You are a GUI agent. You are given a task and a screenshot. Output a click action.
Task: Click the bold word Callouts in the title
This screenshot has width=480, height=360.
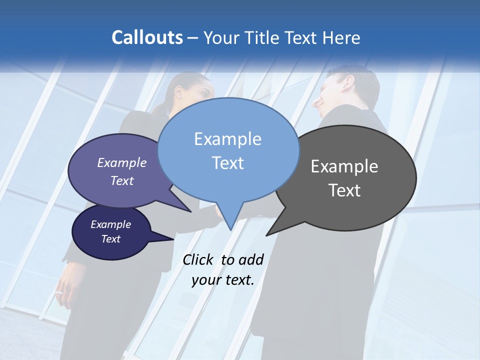(147, 37)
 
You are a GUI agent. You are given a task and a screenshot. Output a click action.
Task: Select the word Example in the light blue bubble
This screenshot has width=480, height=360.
(227, 139)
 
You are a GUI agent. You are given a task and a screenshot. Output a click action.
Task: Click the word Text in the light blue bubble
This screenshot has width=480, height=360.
(227, 163)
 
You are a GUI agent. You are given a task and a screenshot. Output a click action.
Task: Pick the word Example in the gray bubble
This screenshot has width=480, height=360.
(344, 166)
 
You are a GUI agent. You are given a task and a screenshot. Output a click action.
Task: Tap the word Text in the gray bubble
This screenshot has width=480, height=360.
(344, 190)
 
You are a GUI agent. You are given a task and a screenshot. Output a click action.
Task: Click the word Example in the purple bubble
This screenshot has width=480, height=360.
(122, 162)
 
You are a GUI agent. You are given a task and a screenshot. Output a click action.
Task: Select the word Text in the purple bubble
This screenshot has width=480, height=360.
(122, 180)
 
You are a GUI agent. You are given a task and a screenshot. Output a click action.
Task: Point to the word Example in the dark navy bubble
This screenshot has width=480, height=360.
(110, 224)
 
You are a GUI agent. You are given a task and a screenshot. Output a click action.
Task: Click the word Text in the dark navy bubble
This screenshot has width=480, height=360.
(110, 239)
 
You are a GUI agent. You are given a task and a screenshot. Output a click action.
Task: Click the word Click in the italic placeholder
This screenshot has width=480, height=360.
(198, 259)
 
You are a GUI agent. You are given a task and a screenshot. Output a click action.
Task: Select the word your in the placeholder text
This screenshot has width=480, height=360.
(204, 280)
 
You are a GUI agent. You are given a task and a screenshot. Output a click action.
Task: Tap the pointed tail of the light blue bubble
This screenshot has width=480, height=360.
(230, 227)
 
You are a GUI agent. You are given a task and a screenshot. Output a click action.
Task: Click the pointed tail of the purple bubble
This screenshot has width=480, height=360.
(188, 210)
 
